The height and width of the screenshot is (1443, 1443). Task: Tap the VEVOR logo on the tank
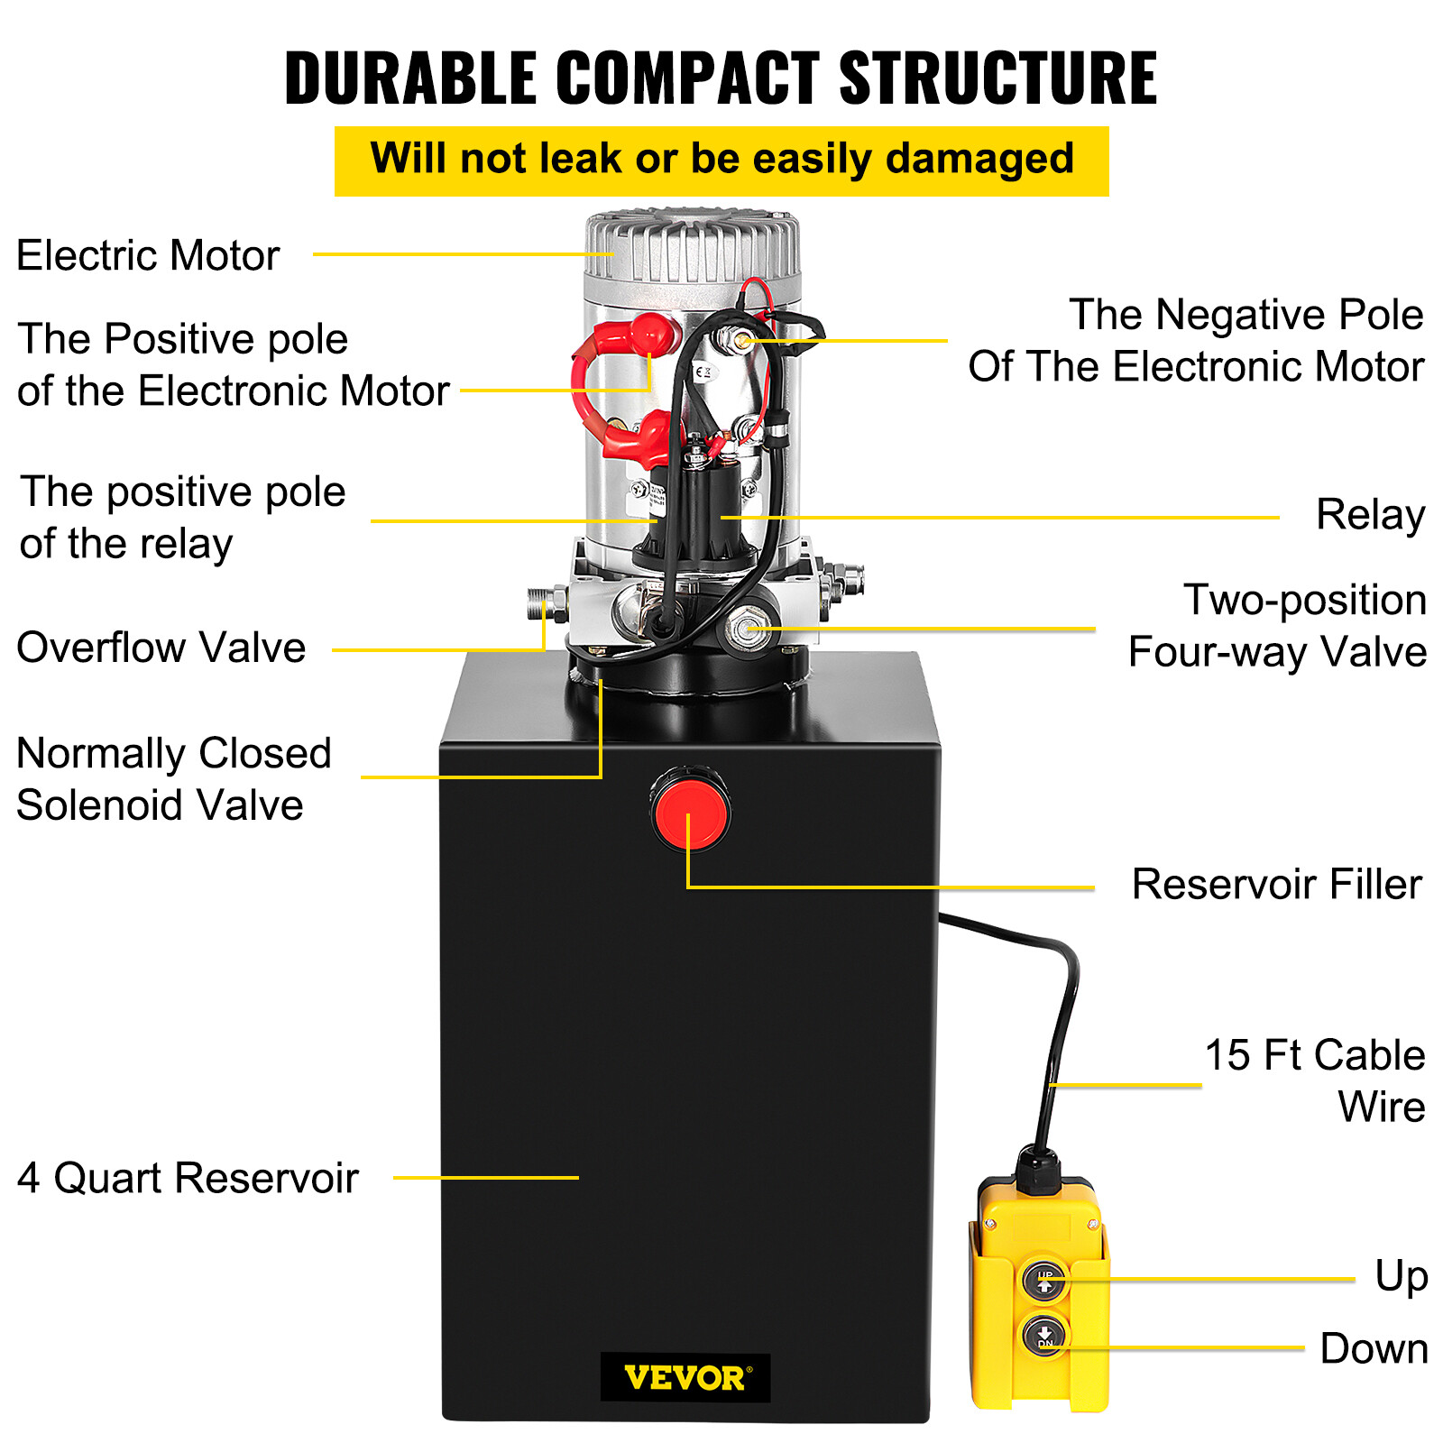(x=685, y=1377)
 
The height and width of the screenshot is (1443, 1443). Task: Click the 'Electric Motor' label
(x=148, y=255)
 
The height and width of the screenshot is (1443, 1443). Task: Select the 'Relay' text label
(x=1369, y=515)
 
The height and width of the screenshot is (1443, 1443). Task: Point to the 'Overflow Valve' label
(x=161, y=648)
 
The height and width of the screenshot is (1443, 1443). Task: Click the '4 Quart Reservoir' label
(x=188, y=1178)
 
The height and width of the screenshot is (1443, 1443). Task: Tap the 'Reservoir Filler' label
(x=1276, y=884)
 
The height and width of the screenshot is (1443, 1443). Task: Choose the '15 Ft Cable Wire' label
(x=1315, y=1080)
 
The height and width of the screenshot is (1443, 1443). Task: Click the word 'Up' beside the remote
(x=1401, y=1276)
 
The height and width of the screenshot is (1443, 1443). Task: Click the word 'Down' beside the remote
(x=1374, y=1348)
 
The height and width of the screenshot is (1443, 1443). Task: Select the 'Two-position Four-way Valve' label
(x=1276, y=625)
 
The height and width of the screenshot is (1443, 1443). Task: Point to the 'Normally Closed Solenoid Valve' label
(x=173, y=778)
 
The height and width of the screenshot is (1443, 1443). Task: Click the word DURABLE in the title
(x=411, y=78)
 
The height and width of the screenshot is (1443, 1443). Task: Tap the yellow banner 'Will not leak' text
(x=721, y=160)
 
